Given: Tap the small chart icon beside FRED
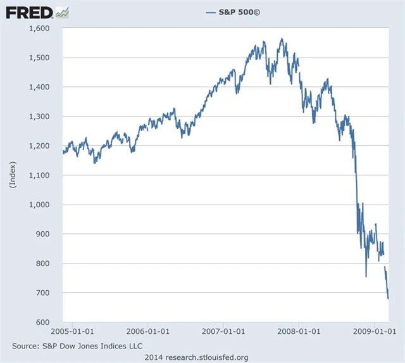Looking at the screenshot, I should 62,11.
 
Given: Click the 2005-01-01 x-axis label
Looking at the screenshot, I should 73,331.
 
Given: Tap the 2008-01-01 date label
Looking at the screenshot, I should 299,331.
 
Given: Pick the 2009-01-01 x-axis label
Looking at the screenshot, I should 373,331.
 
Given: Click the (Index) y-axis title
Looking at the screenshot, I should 12,175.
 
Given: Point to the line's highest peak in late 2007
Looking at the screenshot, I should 282,39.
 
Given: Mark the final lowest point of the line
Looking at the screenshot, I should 388,298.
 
